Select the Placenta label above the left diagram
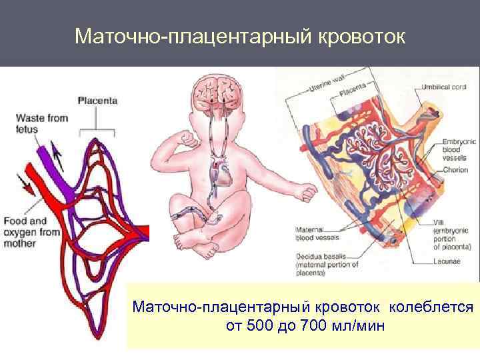(97, 101)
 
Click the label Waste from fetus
(42, 123)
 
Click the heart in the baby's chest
(220, 174)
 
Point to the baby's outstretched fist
(307, 192)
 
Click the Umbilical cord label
(444, 87)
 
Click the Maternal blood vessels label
(317, 233)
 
